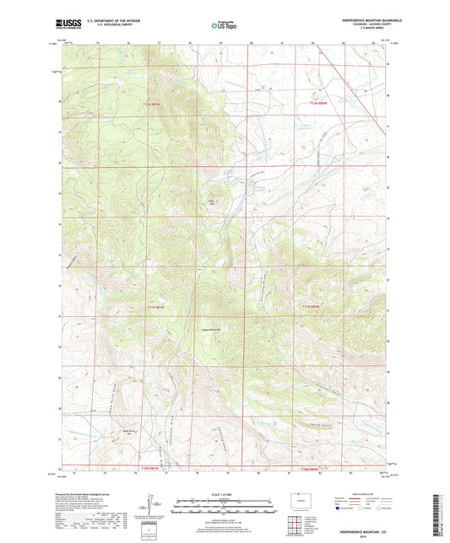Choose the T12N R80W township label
pos(317,103)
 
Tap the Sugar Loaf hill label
pos(212,202)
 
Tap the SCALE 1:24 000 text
pos(225,493)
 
